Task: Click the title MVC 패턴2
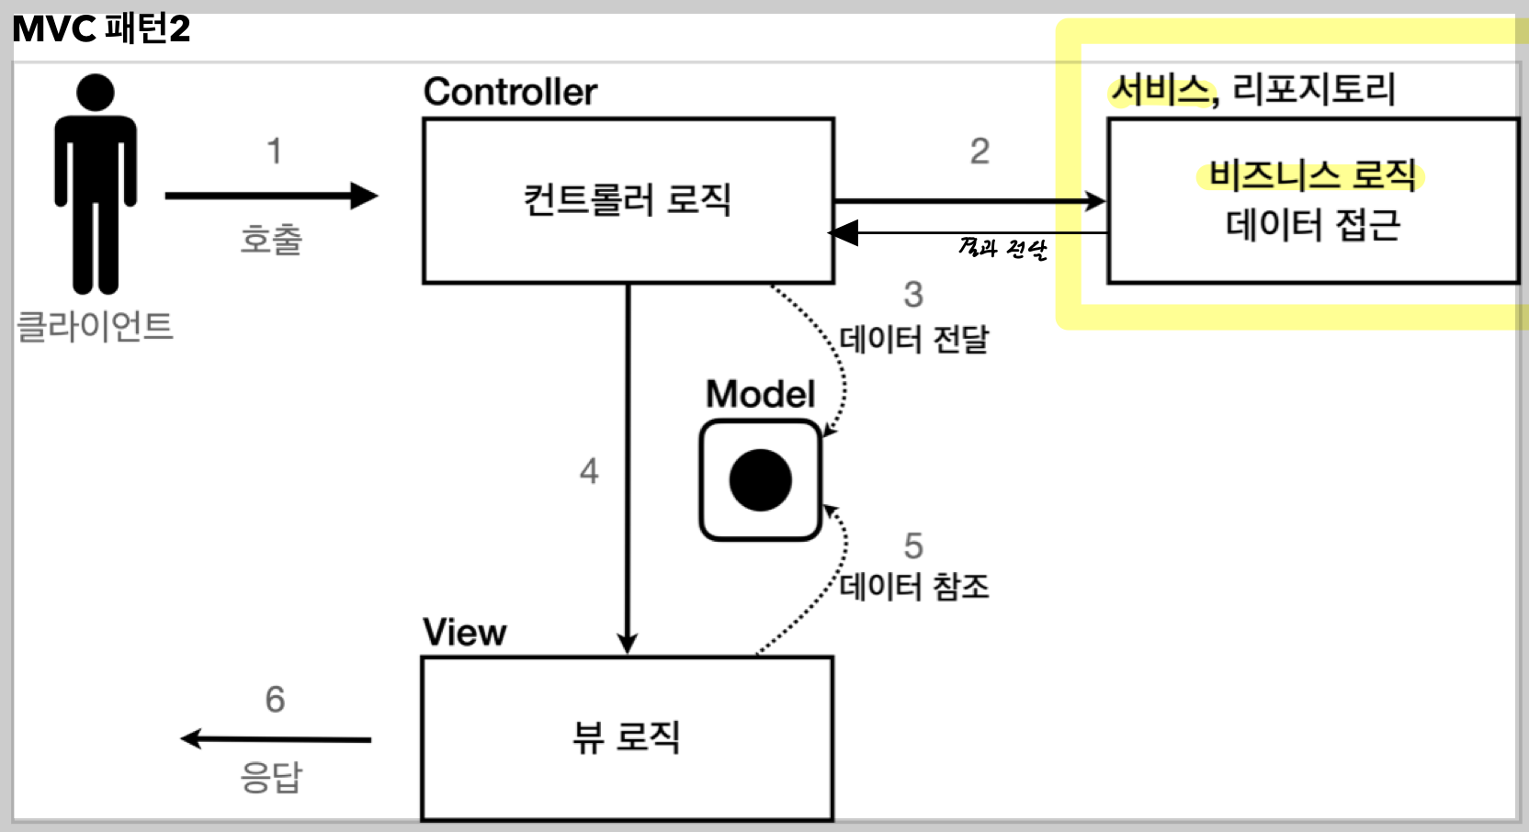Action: coord(101,29)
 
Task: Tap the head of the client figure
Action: coord(96,93)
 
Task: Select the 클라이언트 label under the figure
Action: coord(96,326)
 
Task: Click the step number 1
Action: coord(274,152)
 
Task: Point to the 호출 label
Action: coord(271,240)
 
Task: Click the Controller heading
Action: coord(510,92)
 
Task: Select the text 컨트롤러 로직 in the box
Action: coord(628,199)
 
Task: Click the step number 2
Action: coord(980,152)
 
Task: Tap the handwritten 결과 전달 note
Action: coord(1002,248)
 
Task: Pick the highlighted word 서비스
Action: coord(1161,90)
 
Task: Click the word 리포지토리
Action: coord(1313,89)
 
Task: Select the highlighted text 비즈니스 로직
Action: coord(1312,174)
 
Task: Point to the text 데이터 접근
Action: coord(1312,225)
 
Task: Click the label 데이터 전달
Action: coord(914,339)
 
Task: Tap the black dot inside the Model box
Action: coord(761,480)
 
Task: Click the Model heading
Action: coord(760,394)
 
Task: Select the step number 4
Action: coord(589,471)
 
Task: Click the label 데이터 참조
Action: coord(914,586)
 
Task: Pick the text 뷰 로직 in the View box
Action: coord(627,736)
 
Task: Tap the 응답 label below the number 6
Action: coord(271,777)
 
